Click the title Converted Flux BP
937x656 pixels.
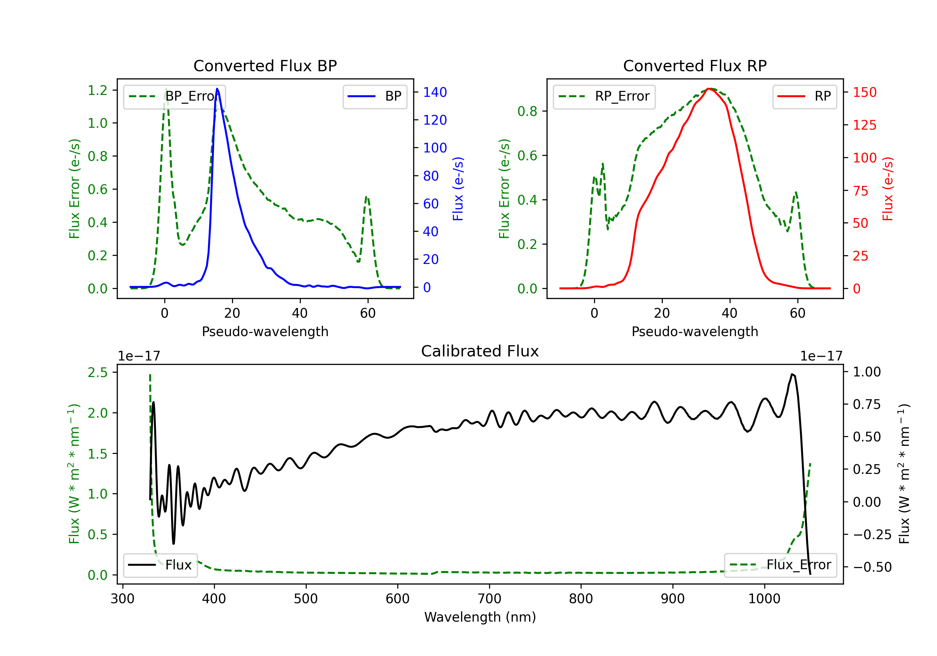click(265, 66)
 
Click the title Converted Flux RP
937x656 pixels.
click(695, 66)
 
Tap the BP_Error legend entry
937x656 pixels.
click(175, 96)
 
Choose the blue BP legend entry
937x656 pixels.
click(374, 96)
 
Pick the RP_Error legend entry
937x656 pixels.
click(604, 96)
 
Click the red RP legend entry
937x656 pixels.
click(804, 96)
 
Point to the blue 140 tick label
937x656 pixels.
click(435, 92)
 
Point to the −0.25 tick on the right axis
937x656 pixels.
click(872, 534)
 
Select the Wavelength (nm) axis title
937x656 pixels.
click(480, 617)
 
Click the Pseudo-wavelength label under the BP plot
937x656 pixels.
click(265, 331)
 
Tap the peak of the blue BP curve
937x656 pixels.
click(217, 89)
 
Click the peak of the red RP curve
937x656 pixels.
click(709, 89)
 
